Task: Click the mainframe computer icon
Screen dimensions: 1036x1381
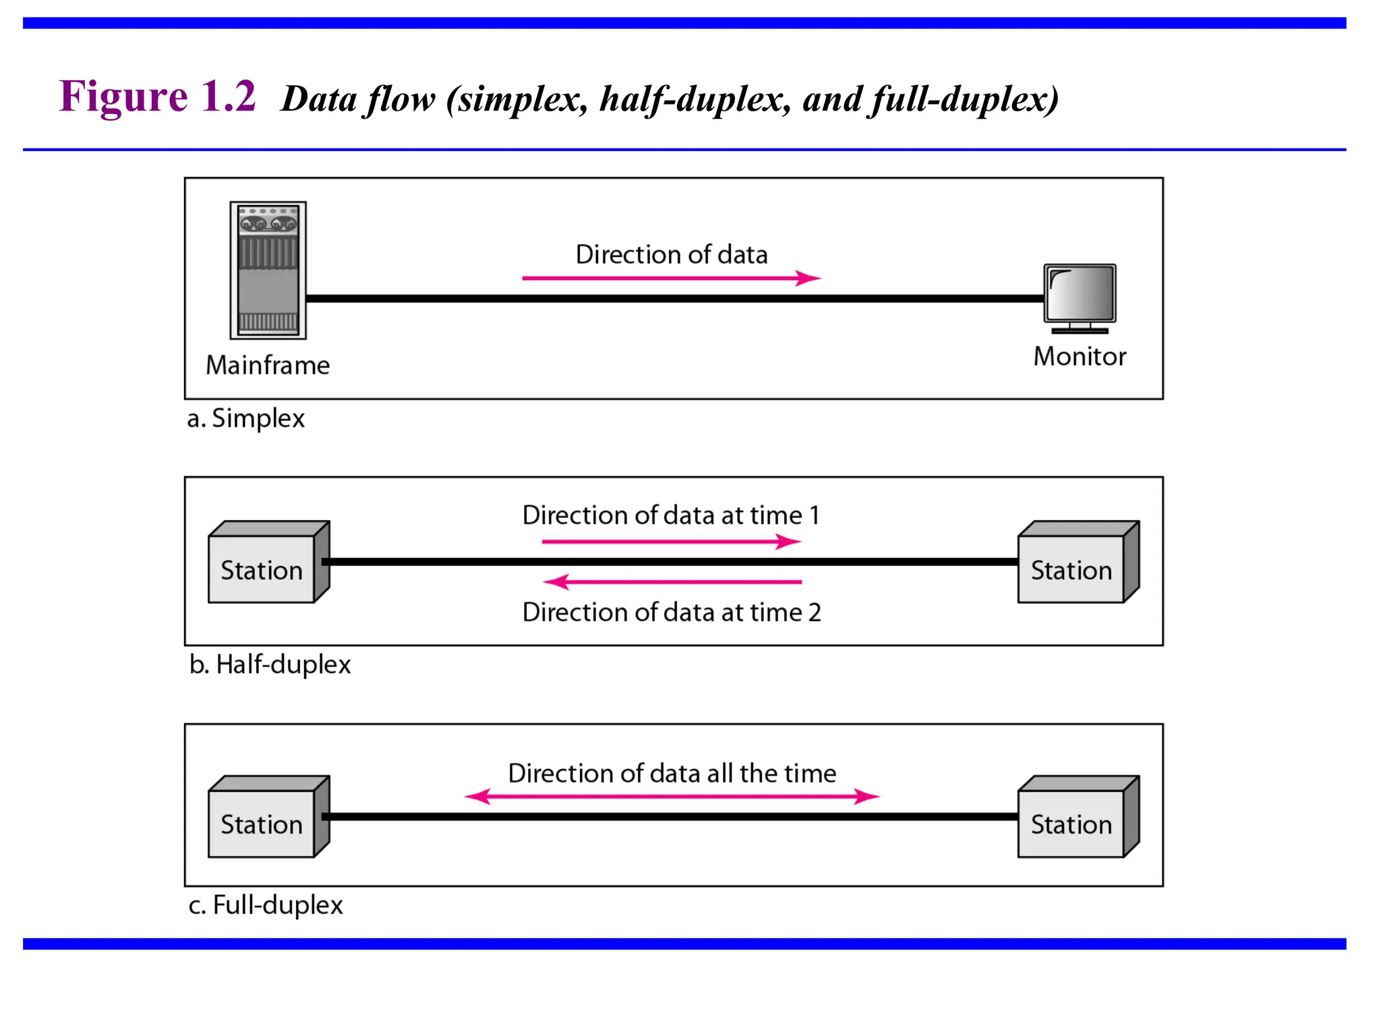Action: click(x=268, y=270)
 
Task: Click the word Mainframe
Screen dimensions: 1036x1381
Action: click(x=268, y=365)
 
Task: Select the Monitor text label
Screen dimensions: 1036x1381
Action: click(x=1080, y=356)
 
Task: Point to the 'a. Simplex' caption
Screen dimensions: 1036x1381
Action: click(x=245, y=418)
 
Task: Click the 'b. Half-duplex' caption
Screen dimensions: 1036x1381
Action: click(x=270, y=664)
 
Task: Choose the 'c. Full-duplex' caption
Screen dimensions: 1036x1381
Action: click(x=266, y=904)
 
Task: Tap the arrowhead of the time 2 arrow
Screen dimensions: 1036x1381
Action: click(x=557, y=581)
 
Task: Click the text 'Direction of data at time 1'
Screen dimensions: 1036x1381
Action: click(x=671, y=515)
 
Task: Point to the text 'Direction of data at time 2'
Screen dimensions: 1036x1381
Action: click(x=672, y=612)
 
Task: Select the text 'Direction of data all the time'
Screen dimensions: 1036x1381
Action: click(x=672, y=773)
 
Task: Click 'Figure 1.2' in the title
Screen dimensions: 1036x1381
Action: click(x=157, y=96)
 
